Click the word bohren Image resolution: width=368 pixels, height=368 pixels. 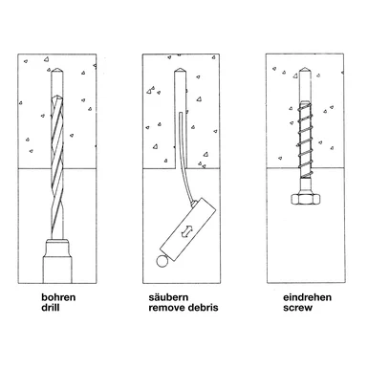point(58,297)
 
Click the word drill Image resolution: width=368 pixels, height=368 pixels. point(51,308)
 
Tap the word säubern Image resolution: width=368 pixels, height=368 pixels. point(168,297)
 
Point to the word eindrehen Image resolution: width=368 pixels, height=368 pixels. point(307,297)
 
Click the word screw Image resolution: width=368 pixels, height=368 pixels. point(297,308)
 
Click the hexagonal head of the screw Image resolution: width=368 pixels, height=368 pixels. point(305,199)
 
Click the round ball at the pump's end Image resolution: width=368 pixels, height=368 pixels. point(162,261)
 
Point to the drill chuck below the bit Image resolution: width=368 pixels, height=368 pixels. point(57,261)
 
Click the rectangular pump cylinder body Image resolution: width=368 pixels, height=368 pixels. point(188,229)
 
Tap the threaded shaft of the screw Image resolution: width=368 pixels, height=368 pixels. point(305,139)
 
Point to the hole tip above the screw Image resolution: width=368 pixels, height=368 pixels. point(305,70)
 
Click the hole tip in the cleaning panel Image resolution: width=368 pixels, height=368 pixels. point(180,70)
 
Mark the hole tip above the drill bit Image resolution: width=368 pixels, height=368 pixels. point(57,70)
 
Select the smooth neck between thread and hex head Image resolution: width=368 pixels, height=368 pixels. point(305,185)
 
